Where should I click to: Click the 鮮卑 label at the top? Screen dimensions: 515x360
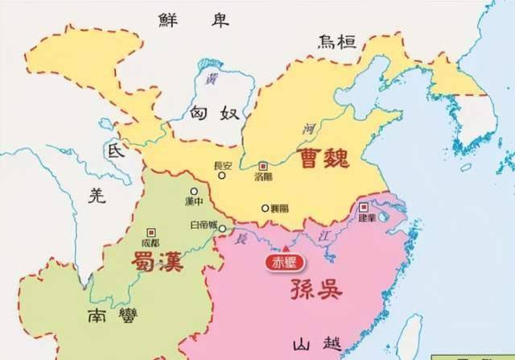(x=179, y=19)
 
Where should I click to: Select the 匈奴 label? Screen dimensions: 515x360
(x=215, y=114)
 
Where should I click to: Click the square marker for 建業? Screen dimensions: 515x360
(x=363, y=206)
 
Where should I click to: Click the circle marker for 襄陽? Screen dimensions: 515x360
(x=265, y=208)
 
